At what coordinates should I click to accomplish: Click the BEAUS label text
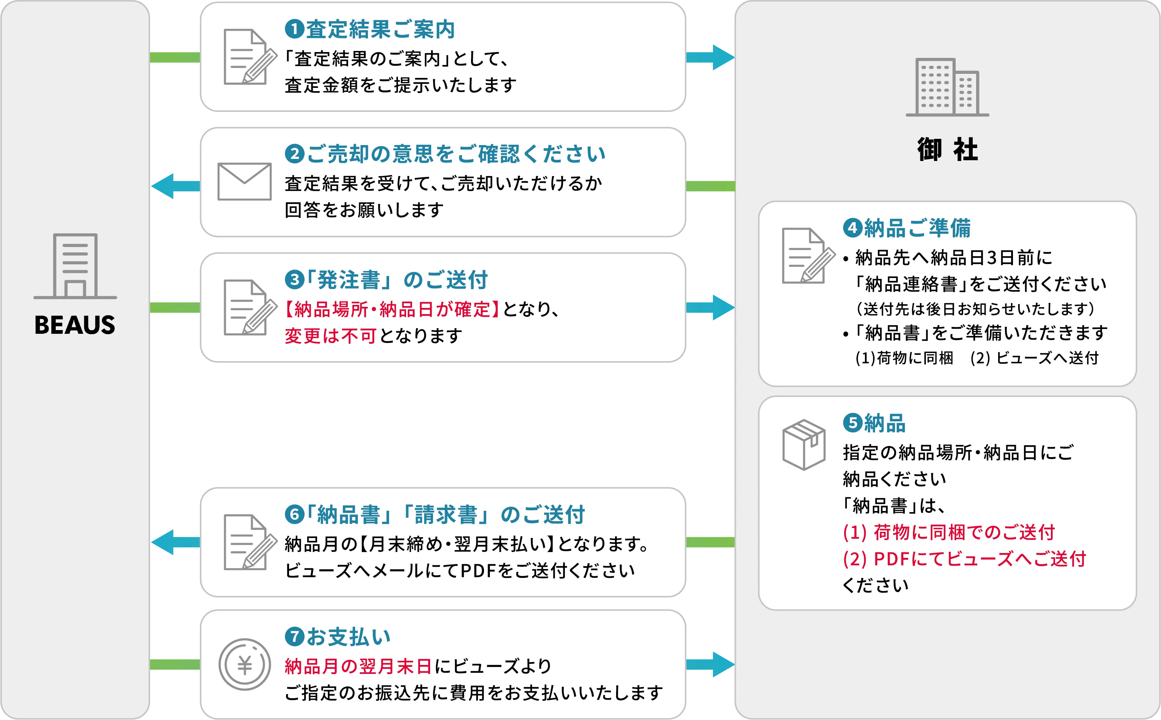point(75,325)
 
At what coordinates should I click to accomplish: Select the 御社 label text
point(947,150)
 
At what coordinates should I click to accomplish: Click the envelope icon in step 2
point(244,181)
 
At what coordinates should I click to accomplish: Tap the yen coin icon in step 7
point(244,664)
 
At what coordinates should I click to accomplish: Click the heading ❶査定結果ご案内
point(370,30)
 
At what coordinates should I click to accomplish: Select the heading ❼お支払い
point(338,637)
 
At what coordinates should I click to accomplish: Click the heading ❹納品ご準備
point(907,228)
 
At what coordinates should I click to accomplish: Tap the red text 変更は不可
point(330,336)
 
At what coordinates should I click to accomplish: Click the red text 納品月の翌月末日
point(358,666)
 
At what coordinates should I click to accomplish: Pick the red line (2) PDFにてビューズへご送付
point(964,559)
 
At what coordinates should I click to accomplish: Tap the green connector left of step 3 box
point(175,307)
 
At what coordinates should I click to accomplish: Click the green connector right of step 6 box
point(710,542)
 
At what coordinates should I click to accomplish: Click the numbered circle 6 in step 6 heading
point(294,514)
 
